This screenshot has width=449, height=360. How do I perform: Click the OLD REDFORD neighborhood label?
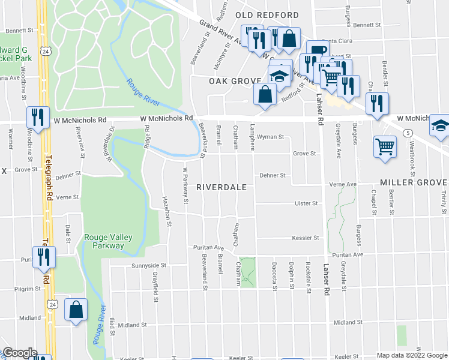point(267,14)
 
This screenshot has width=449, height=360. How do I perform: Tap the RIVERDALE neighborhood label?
point(222,187)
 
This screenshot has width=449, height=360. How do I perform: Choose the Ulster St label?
point(306,203)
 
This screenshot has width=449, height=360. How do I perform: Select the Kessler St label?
point(305,238)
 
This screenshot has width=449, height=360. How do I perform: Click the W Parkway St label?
point(185,187)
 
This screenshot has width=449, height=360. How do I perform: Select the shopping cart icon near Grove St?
point(385,146)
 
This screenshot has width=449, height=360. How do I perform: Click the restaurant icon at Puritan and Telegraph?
point(44,257)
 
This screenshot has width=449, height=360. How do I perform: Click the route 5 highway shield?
point(408,133)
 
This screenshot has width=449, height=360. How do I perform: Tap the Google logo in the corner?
point(19,353)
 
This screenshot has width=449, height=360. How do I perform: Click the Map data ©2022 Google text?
point(411,355)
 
